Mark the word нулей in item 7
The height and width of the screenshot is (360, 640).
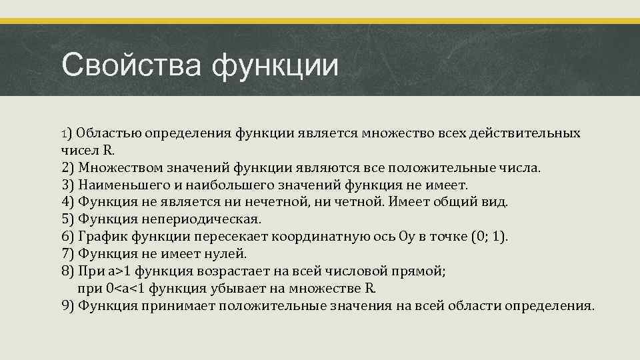tap(224, 254)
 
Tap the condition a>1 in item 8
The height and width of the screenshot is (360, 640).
tap(121, 271)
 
